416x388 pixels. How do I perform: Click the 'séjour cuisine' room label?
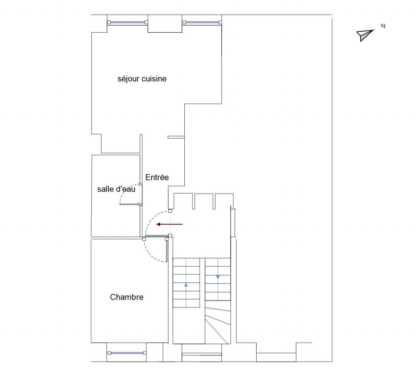point(142,79)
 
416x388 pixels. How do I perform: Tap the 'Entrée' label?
point(157,177)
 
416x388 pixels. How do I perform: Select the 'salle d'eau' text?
point(116,189)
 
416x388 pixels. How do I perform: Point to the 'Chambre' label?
point(127,297)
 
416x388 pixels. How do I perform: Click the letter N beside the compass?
point(383,26)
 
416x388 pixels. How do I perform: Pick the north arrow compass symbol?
point(365,35)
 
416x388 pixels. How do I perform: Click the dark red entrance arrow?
point(170,224)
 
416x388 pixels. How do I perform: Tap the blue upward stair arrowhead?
point(186,285)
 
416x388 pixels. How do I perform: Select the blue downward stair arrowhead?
point(218,277)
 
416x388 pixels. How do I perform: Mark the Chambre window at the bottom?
point(127,353)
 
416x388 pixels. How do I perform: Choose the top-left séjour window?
point(127,22)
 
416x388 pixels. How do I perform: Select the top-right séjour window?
point(202,22)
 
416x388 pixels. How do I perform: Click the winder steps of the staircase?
point(218,322)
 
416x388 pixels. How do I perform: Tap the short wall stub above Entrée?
point(176,137)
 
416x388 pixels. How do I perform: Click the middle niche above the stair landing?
point(204,201)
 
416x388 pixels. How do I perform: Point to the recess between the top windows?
point(165,24)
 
